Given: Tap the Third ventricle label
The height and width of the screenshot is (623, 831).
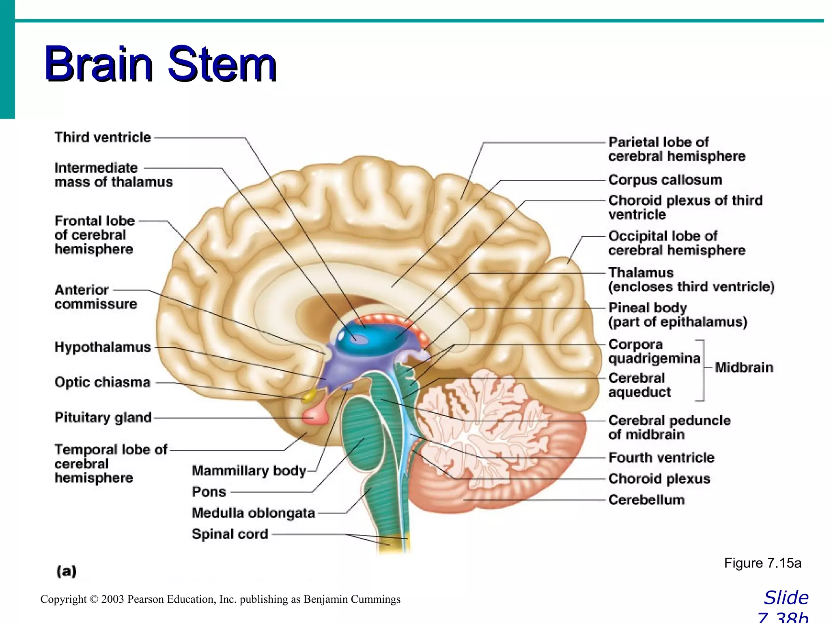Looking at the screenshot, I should [103, 137].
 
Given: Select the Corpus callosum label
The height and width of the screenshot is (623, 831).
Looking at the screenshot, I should [665, 180].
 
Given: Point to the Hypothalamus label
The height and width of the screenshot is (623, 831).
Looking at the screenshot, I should [103, 347].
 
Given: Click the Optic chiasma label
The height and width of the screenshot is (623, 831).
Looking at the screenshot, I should [102, 382].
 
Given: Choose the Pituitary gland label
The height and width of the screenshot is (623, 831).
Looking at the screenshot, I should [103, 417].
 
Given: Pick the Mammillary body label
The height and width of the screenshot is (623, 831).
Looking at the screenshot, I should [249, 470].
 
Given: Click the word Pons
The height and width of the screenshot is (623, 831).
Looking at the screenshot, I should [209, 492].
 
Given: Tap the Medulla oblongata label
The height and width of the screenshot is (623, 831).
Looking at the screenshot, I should [253, 513].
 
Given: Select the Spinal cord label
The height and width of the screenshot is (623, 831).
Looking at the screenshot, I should [230, 534].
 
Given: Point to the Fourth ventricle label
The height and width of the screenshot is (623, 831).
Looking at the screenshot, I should [661, 458].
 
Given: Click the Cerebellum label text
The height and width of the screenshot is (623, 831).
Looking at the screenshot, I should [646, 500].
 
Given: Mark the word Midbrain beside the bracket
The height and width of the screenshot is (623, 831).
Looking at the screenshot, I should [744, 367].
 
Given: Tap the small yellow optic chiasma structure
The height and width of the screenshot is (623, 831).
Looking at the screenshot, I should [310, 395].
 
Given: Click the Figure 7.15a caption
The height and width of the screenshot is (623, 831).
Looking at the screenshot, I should [762, 563].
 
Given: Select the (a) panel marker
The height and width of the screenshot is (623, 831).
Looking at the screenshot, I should [67, 571].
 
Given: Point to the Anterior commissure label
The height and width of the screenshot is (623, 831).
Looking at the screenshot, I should [95, 297].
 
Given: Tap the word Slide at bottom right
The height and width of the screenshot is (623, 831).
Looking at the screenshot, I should [786, 598].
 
